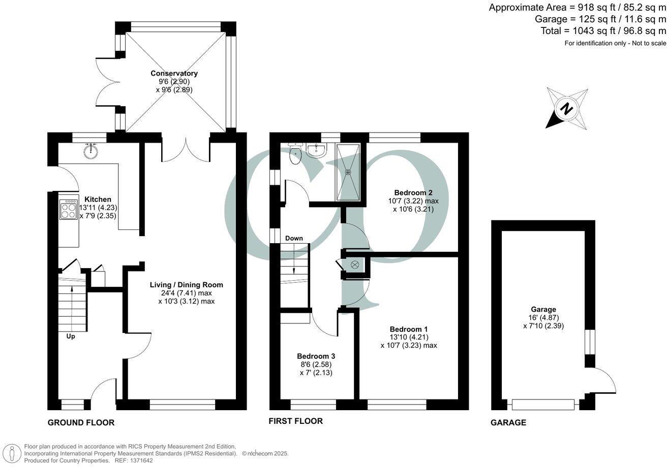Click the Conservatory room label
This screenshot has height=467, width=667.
pyautogui.click(x=174, y=73)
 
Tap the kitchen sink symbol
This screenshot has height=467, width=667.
pyautogui.click(x=92, y=151)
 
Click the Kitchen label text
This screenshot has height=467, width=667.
pyautogui.click(x=98, y=199)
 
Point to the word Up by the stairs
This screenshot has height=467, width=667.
pyautogui.click(x=71, y=336)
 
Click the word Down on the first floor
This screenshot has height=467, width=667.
pyautogui.click(x=294, y=238)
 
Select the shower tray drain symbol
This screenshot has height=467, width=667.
pyautogui.click(x=348, y=172)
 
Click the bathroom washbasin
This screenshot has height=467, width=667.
pyautogui.click(x=317, y=150)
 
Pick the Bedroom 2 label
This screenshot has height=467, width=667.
pyautogui.click(x=413, y=192)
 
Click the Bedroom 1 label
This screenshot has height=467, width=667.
pyautogui.click(x=409, y=328)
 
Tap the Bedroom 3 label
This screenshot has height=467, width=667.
pyautogui.click(x=316, y=356)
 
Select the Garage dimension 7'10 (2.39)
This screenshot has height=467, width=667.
pyautogui.click(x=543, y=326)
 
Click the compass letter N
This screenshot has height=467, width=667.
pyautogui.click(x=565, y=109)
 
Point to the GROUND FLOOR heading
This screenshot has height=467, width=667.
pyautogui.click(x=81, y=422)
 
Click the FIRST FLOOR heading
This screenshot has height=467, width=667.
pyautogui.click(x=296, y=421)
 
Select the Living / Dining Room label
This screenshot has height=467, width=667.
pyautogui.click(x=186, y=285)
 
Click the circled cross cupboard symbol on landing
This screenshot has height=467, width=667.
pyautogui.click(x=355, y=264)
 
